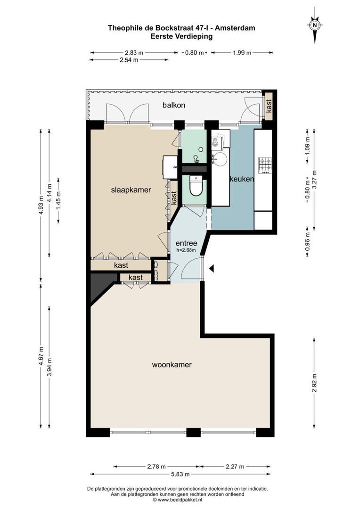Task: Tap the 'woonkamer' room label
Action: pos(172,364)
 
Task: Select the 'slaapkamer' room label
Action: pos(131,190)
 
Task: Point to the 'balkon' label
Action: pos(174,105)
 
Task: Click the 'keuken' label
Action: pos(242,179)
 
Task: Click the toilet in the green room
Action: pos(195,186)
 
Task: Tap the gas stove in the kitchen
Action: pos(264,164)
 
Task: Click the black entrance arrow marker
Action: pos(212,269)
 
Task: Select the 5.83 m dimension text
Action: pos(180,474)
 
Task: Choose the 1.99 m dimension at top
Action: pos(242,53)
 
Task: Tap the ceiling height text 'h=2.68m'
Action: pos(186,250)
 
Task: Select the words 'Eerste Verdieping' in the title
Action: pos(181,36)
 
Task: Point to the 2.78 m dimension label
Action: pos(156,467)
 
